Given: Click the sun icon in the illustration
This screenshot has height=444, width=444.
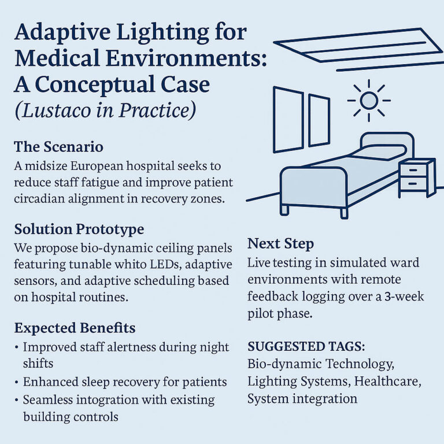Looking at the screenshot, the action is tap(369, 101).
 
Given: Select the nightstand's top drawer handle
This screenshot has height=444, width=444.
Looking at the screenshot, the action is tap(413, 170).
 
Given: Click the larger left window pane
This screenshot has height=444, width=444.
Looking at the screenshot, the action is tap(288, 120).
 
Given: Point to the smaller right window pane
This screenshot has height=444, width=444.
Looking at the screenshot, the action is tap(319, 121).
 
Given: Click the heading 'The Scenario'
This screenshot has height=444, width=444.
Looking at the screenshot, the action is tap(58, 147).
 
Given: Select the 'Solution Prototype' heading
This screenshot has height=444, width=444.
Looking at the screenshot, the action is tap(79, 229).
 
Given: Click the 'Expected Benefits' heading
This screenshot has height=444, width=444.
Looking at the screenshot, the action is tap(75, 328).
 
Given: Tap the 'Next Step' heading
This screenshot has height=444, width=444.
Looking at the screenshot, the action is tap(280, 244).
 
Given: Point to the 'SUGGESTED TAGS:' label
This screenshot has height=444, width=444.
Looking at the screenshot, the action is tap(306, 346).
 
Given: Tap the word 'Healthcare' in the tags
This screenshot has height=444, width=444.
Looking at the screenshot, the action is tap(388, 381).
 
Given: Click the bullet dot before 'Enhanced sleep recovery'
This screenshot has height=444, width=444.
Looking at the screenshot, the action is tap(17, 383).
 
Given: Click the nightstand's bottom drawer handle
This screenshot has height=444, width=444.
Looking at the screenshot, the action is tap(413, 184).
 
